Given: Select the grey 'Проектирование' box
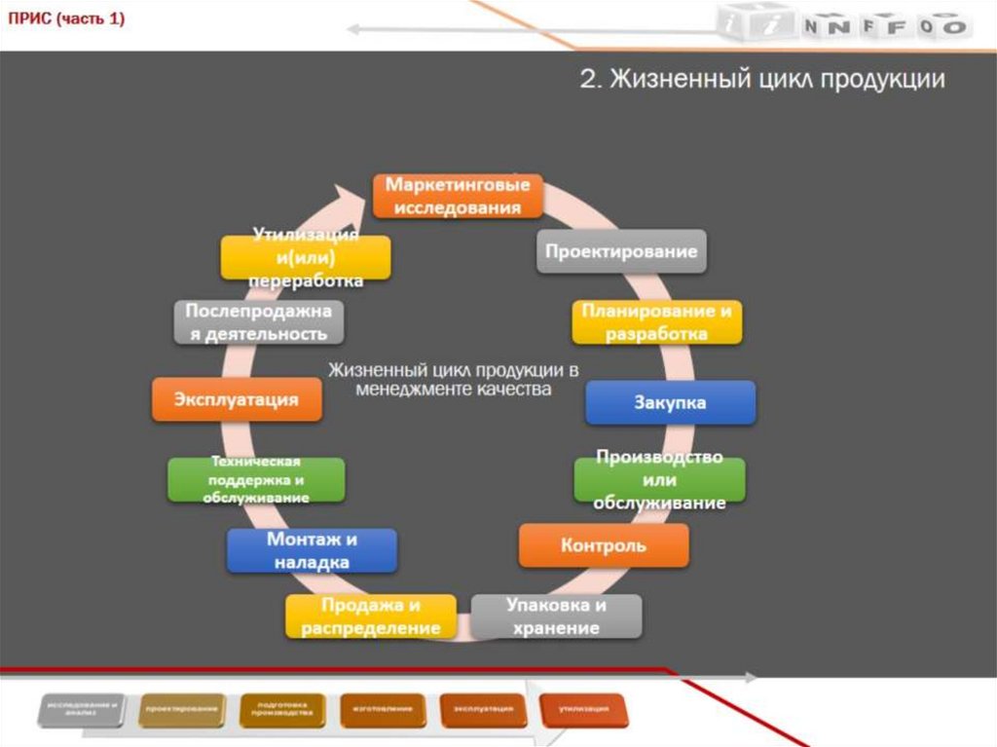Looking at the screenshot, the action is coord(621,251).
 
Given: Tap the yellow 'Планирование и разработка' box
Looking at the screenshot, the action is coord(656,322).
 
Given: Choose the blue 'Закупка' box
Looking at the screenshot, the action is coord(670,401).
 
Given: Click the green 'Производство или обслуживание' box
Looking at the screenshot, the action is coord(659,480).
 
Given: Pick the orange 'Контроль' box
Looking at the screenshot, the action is coord(603,545).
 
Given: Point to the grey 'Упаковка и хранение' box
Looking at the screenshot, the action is coord(556,616).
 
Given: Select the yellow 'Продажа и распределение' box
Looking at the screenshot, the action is coord(371,616).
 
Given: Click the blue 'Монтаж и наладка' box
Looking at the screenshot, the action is coord(312,550).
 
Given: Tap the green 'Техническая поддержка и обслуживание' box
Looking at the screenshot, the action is coord(256,480).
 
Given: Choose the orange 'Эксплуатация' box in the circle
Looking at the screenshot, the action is coord(237,399).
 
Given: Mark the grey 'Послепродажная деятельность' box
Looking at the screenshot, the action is coord(259,322).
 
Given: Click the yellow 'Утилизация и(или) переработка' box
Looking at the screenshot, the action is coord(305,258).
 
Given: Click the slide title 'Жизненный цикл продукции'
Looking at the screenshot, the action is coord(761,80).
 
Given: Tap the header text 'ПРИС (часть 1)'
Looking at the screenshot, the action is coord(66,19).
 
